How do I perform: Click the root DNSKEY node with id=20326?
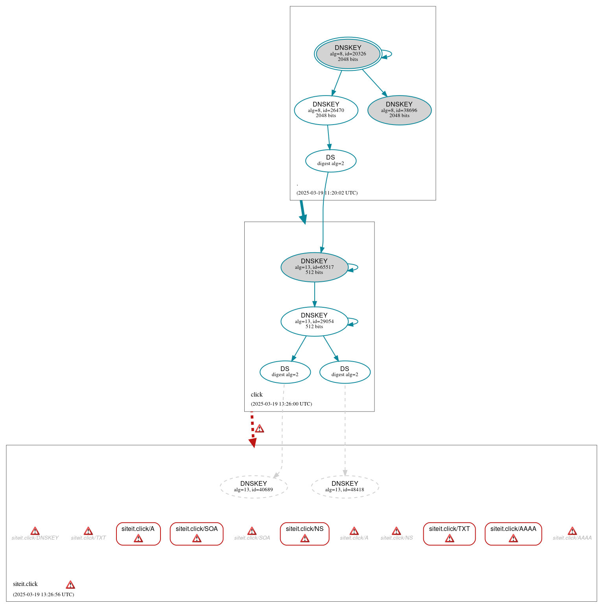coord(348,54)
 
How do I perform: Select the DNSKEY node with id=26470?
coord(326,110)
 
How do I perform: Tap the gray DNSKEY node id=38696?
coord(399,110)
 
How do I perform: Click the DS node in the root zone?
coord(330,160)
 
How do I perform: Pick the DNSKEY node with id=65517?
coord(314,267)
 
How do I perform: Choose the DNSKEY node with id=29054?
coord(314,321)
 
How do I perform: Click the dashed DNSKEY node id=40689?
coord(254,487)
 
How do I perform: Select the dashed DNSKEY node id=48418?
coord(345,487)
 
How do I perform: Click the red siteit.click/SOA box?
coord(197,533)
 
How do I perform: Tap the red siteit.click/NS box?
coord(304,533)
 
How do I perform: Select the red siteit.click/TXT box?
coord(449,533)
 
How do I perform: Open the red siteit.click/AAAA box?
coord(513,533)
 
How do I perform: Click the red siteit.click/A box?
coord(138,533)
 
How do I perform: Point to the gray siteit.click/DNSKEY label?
coord(35,538)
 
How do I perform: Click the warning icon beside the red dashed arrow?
coord(260,429)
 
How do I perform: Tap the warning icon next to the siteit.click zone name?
coord(70,584)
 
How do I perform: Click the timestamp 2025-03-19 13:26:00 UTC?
coord(281,404)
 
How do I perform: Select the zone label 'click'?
coord(256,394)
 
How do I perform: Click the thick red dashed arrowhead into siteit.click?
coord(253,443)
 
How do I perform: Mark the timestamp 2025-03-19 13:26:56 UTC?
coord(43,594)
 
